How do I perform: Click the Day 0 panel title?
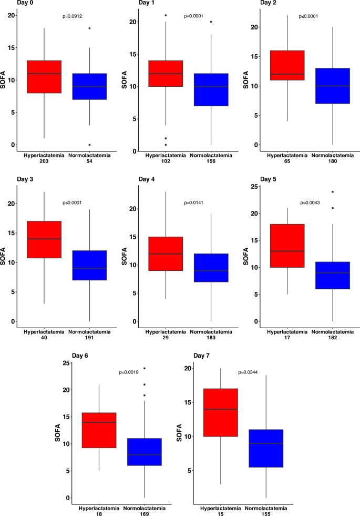click(11, 4)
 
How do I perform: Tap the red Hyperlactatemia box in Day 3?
click(44, 239)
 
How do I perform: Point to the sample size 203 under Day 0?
click(44, 160)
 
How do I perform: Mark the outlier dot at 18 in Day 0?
click(89, 28)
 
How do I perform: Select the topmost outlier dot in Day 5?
click(333, 192)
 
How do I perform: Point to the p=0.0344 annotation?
click(250, 372)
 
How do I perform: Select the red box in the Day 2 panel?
click(287, 65)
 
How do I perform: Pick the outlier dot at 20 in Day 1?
click(211, 22)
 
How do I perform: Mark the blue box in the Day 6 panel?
click(145, 451)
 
